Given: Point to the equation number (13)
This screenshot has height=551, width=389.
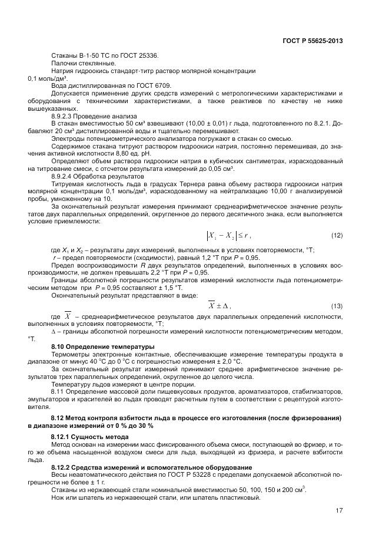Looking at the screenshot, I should pyautogui.click(x=337, y=306).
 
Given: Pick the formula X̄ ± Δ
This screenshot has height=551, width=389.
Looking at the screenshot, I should pyautogui.click(x=220, y=306).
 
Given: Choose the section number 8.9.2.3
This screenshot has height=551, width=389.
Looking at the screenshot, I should pyautogui.click(x=64, y=116).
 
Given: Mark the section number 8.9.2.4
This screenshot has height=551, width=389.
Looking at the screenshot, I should pyautogui.click(x=64, y=177).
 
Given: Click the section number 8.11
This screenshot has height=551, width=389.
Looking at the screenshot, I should pyautogui.click(x=58, y=391).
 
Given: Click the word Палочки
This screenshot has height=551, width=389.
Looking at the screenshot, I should pyautogui.click(x=65, y=63).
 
